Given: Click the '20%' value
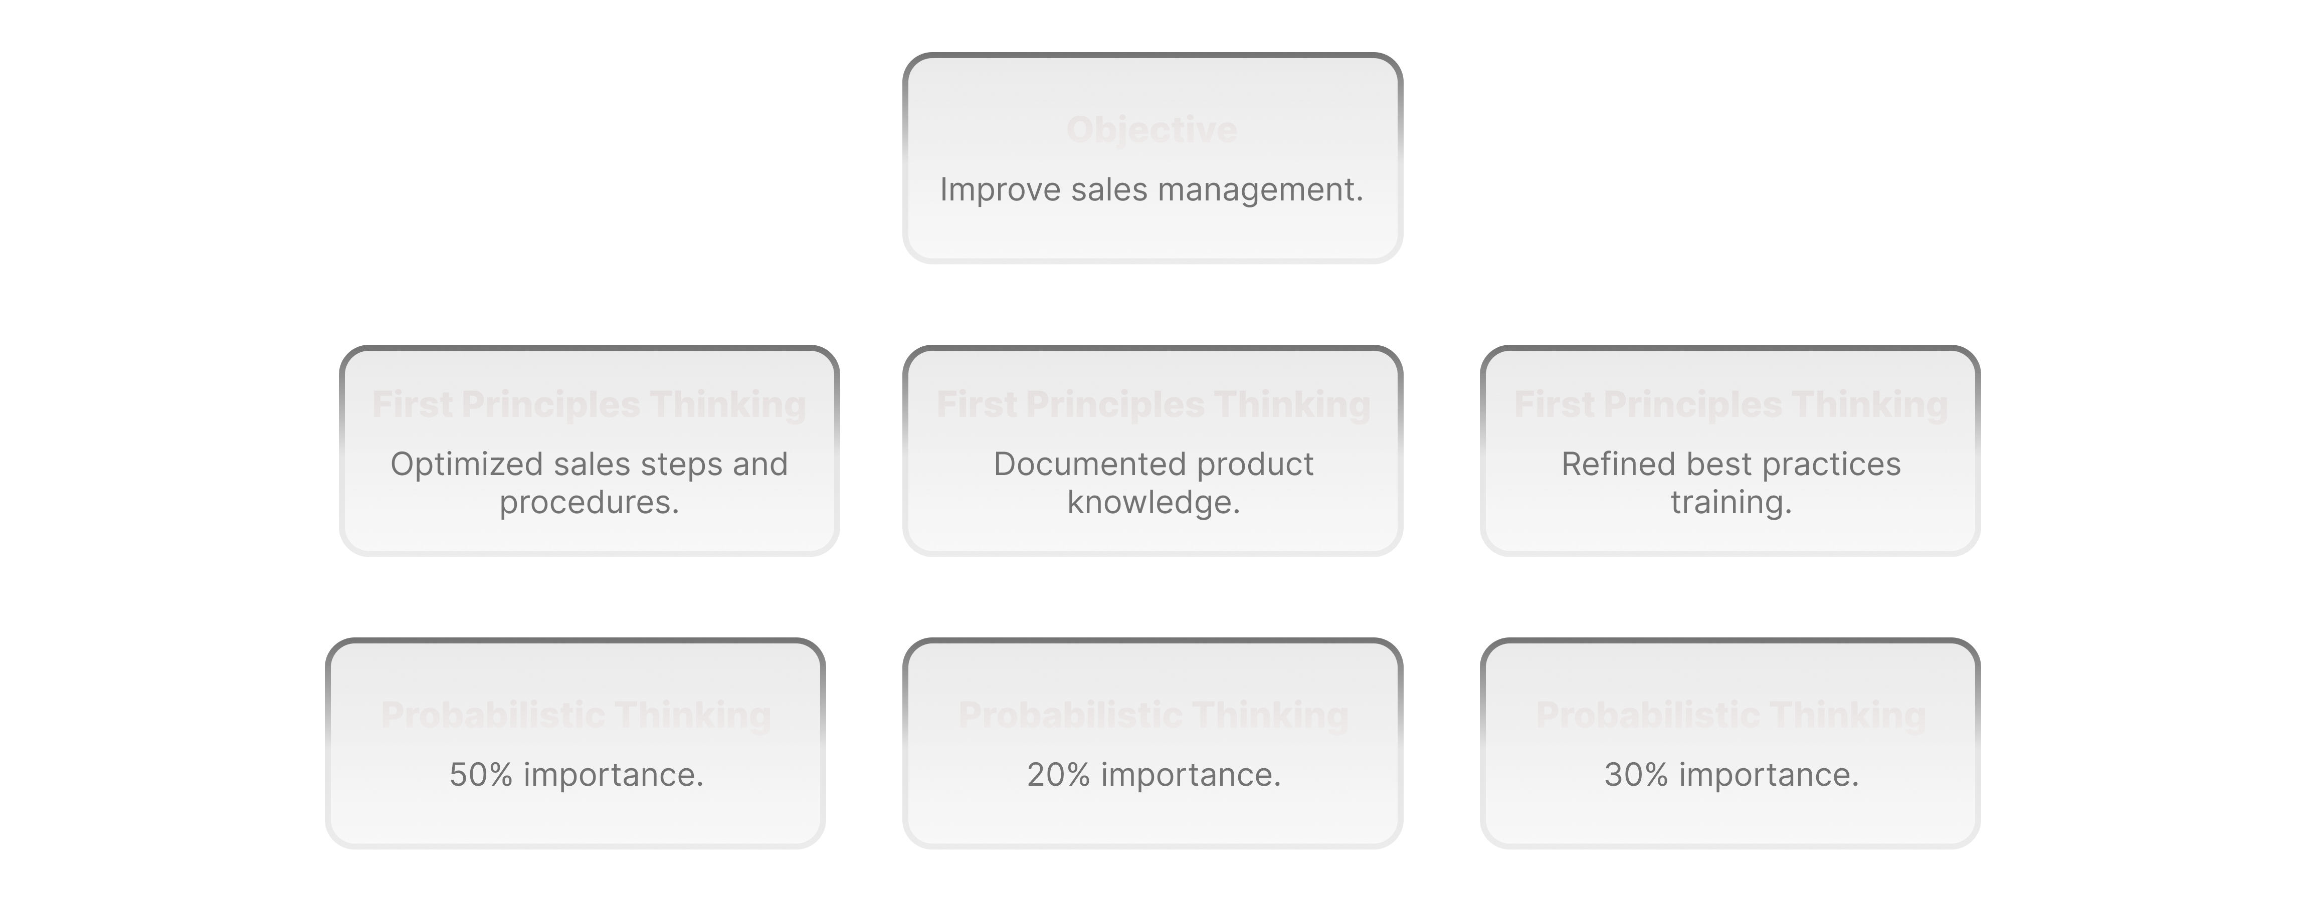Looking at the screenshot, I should [1058, 775].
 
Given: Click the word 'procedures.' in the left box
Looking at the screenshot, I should [589, 503].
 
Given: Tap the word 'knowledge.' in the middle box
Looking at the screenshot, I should [1153, 503].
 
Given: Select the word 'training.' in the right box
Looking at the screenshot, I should [1731, 503].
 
